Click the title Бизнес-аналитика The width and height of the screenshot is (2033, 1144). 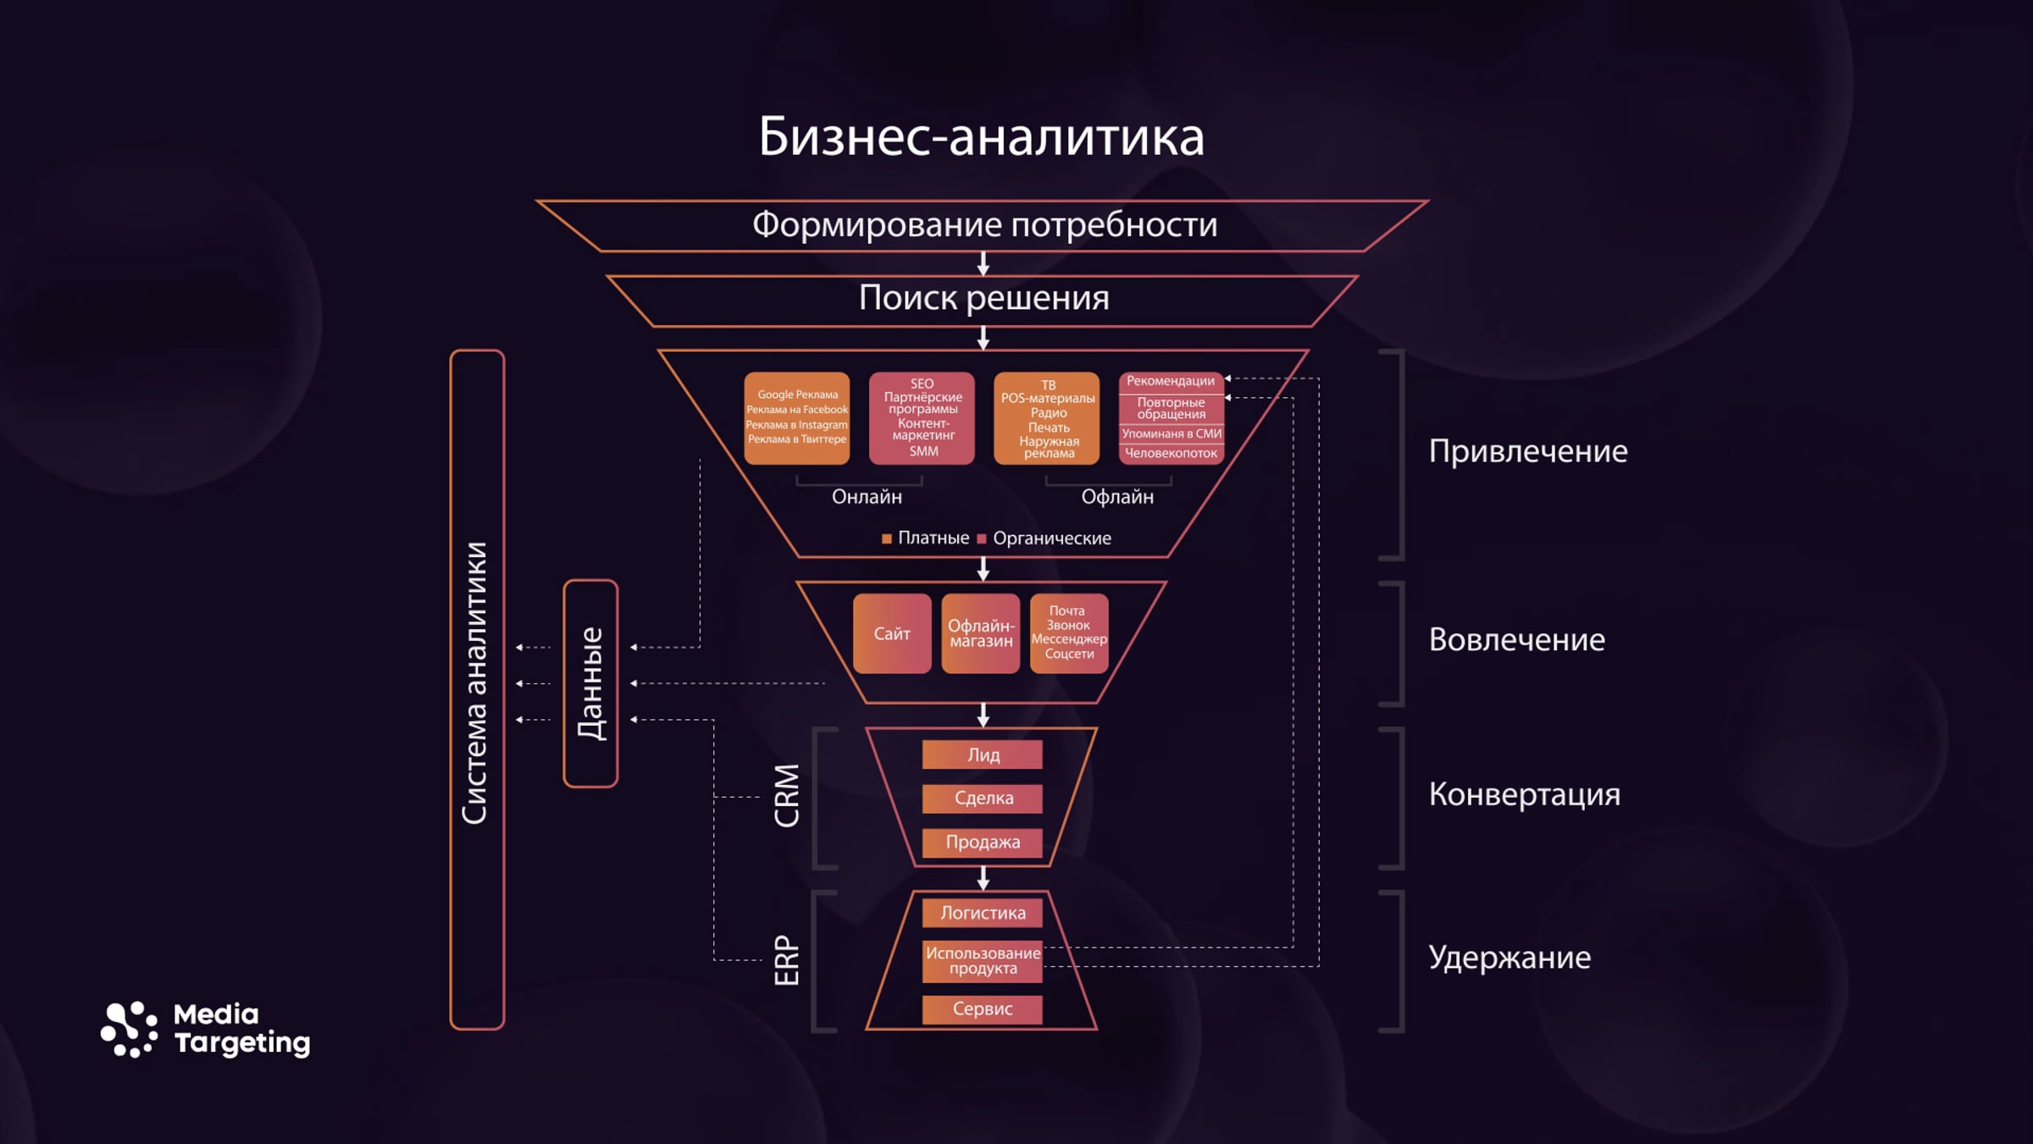tap(981, 137)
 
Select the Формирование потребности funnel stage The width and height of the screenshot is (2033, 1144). tap(983, 226)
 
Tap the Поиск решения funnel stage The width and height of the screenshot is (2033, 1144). tap(983, 301)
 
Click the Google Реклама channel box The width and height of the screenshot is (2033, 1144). tap(796, 418)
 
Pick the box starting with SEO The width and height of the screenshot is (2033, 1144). tap(922, 418)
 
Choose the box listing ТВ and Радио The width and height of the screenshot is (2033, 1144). tap(1047, 418)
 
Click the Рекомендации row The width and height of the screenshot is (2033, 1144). tap(1171, 382)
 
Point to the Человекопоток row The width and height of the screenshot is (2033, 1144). tap(1171, 454)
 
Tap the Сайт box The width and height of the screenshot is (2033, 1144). tap(892, 633)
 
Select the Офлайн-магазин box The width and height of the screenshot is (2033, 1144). tap(981, 633)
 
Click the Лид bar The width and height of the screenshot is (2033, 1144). tap(983, 754)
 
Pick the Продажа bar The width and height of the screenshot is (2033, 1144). tap(983, 843)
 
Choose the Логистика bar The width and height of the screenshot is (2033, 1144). tap(983, 913)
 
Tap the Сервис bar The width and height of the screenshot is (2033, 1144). tap(983, 1009)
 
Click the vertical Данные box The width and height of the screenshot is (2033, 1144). tap(590, 683)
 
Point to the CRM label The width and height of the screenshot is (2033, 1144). tap(787, 796)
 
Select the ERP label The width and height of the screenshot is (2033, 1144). tap(787, 960)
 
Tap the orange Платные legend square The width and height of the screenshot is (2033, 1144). tap(887, 539)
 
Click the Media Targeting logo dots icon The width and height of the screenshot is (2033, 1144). tap(129, 1030)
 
